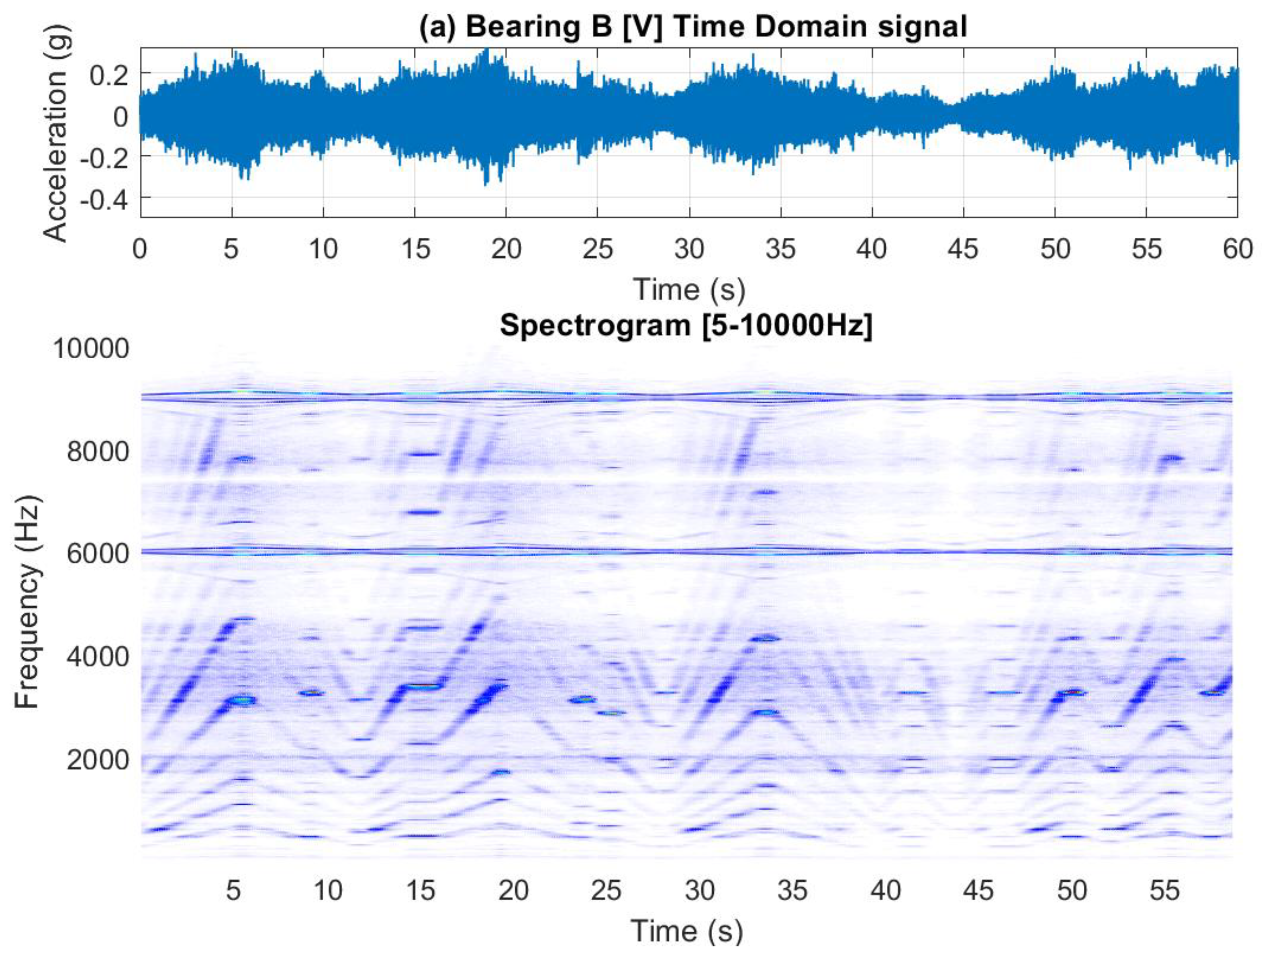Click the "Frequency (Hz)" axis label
[27, 603]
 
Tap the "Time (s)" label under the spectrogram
[687, 931]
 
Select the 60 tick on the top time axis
[1237, 249]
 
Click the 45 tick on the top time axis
[963, 249]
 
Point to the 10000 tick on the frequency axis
[91, 349]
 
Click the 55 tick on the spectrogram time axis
[1164, 890]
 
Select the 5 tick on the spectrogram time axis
[233, 890]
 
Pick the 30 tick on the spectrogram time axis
[699, 890]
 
